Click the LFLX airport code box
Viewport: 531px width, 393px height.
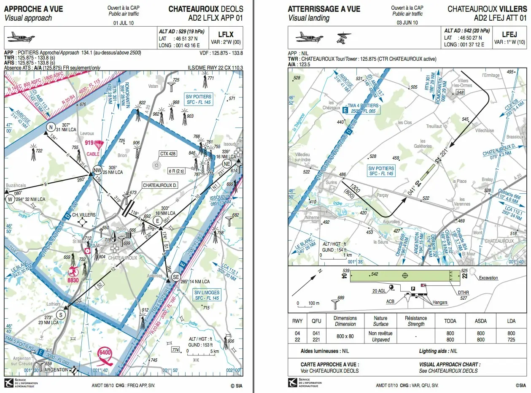226,35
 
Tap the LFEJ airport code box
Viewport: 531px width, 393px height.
509,35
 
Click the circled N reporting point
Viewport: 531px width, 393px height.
51,127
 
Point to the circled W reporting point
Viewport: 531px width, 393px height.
9,200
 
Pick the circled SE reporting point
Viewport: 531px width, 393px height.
176,276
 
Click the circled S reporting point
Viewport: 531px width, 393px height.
61,314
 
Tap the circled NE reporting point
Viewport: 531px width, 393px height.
226,164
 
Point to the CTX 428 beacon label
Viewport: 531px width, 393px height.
167,154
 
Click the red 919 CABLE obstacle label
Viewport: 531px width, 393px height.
94,146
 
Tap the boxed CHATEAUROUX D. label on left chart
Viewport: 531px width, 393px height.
160,185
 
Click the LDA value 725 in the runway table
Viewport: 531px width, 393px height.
511,339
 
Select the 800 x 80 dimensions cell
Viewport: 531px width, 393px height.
345,336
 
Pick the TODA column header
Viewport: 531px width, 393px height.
450,321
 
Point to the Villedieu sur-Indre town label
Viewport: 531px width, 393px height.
303,157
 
